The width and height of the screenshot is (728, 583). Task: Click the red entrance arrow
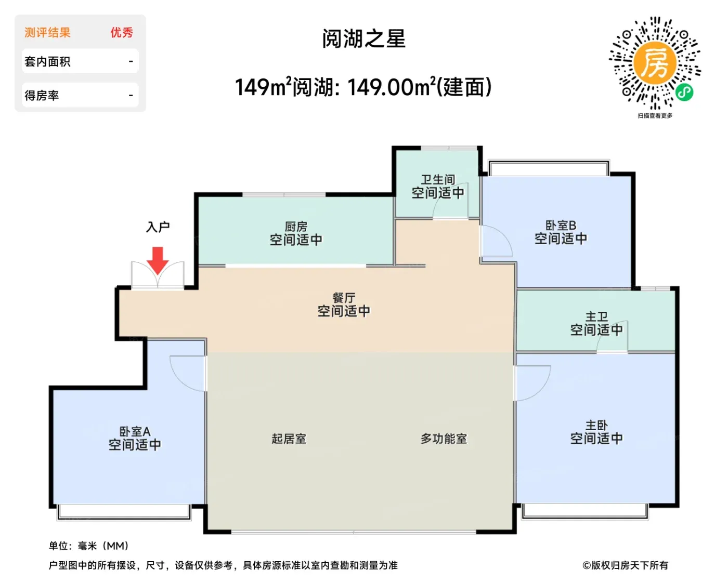tap(158, 260)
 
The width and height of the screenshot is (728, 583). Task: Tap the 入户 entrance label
tap(158, 227)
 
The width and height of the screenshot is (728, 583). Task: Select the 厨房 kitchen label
tap(296, 226)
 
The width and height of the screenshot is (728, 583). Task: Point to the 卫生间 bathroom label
tap(438, 180)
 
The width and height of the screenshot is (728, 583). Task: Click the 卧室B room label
tap(561, 225)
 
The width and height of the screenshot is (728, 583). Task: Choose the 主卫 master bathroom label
tap(596, 316)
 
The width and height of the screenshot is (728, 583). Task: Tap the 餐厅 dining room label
tap(344, 298)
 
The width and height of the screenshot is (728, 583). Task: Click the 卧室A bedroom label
tap(135, 431)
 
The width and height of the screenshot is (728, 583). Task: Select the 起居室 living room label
tap(289, 439)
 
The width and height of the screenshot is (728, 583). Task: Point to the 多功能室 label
tap(444, 439)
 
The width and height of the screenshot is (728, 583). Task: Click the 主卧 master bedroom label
tap(596, 425)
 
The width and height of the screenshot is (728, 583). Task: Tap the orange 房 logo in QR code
tap(655, 63)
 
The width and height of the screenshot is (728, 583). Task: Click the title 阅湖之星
tap(363, 38)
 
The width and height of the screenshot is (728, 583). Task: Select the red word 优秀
tap(122, 32)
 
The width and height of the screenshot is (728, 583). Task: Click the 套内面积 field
tap(80, 61)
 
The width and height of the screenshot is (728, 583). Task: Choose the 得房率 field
tap(80, 95)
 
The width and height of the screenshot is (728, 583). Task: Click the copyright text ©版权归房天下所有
tap(625, 565)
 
